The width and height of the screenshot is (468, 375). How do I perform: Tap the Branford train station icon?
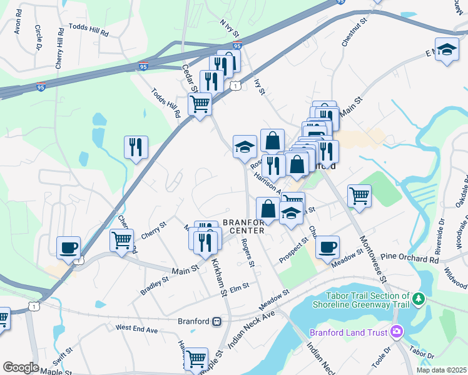[x=216, y=321]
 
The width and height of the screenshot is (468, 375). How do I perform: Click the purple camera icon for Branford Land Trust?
[x=396, y=331]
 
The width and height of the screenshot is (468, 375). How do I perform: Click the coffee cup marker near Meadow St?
[x=327, y=247]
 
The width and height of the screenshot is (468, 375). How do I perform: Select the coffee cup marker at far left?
[x=69, y=247]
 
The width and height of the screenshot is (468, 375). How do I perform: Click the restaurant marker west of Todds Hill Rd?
[x=136, y=147]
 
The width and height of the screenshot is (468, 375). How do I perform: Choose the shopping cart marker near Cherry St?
[x=121, y=240]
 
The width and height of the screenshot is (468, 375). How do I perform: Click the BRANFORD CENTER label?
[x=244, y=226]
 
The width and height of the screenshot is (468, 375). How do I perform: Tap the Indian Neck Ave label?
[x=251, y=325]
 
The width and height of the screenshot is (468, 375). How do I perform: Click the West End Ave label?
[x=136, y=327]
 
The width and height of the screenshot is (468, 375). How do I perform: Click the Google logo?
[x=21, y=367]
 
